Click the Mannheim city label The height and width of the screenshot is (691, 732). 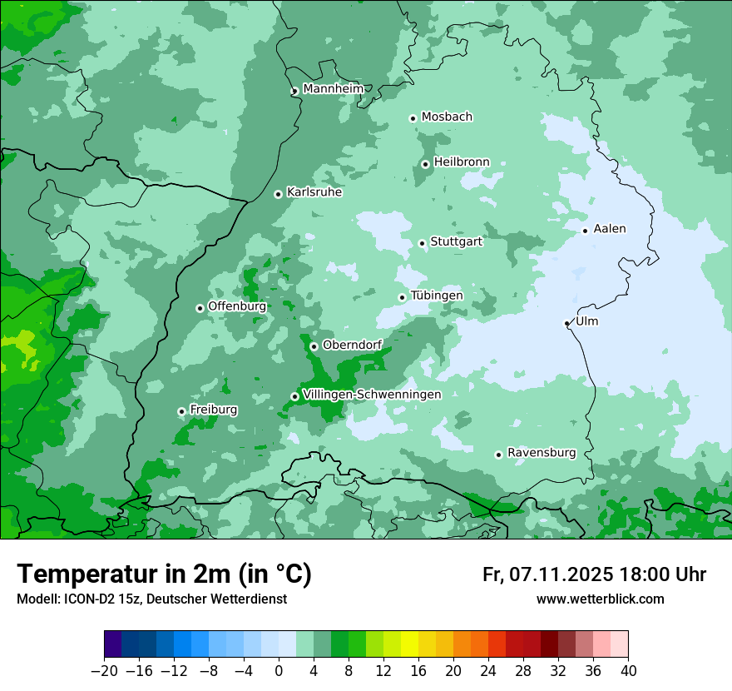pyautogui.click(x=333, y=88)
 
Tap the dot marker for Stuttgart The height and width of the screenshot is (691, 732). pyautogui.click(x=423, y=244)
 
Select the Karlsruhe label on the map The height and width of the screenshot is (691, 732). pyautogui.click(x=314, y=192)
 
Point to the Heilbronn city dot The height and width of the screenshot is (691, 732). pyautogui.click(x=426, y=164)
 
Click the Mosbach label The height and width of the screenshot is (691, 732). pyautogui.click(x=447, y=117)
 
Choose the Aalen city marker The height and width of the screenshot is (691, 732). pyautogui.click(x=586, y=231)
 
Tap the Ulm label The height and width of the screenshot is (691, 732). pyautogui.click(x=586, y=321)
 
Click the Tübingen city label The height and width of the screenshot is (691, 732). pyautogui.click(x=437, y=296)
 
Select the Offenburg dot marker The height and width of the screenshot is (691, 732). pyautogui.click(x=200, y=308)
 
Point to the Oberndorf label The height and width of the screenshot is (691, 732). pyautogui.click(x=352, y=345)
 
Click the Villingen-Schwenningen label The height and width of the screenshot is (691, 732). pyautogui.click(x=372, y=395)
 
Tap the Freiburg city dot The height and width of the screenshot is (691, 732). pyautogui.click(x=182, y=411)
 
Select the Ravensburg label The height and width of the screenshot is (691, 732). pyautogui.click(x=542, y=453)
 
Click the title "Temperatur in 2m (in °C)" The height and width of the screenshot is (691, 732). pyautogui.click(x=165, y=574)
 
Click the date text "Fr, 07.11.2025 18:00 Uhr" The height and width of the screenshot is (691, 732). pyautogui.click(x=594, y=574)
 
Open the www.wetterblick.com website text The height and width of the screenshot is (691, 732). pyautogui.click(x=600, y=599)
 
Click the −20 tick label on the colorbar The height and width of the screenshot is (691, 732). pyautogui.click(x=104, y=671)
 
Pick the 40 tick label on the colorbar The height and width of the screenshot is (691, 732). pyautogui.click(x=628, y=671)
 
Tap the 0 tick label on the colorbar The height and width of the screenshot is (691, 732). pyautogui.click(x=279, y=671)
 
